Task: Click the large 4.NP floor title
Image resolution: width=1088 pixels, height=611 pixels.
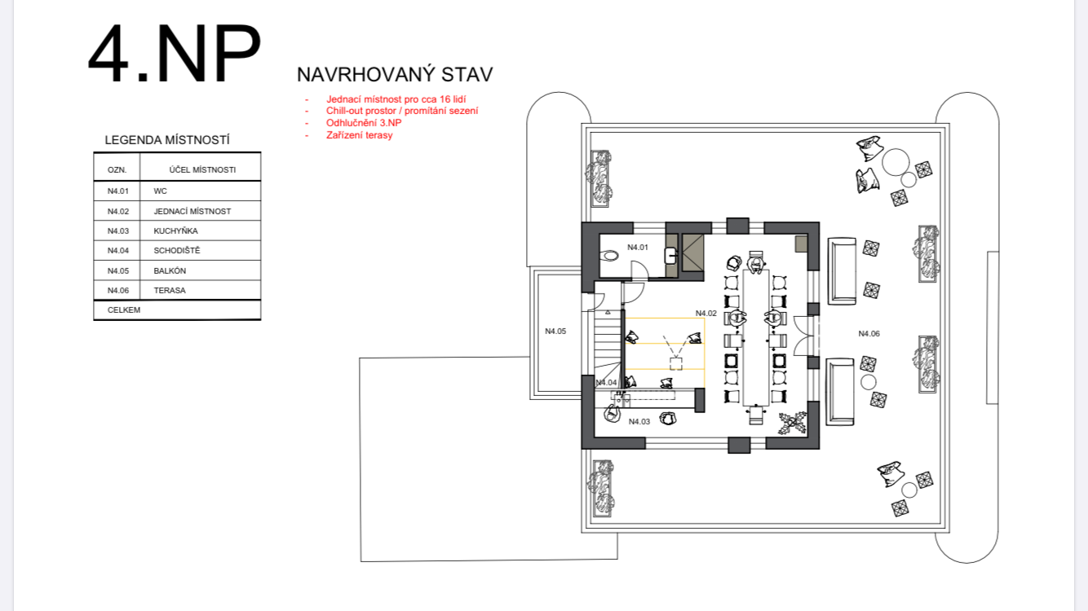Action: click(x=175, y=55)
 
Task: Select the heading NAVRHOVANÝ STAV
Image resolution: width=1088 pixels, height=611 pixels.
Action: click(x=395, y=75)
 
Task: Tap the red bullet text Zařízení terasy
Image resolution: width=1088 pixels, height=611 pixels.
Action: click(x=360, y=135)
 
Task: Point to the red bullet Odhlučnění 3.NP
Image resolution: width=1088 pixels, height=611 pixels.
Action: click(x=364, y=123)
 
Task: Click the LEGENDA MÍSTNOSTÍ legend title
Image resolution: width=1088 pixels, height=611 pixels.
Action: click(x=167, y=140)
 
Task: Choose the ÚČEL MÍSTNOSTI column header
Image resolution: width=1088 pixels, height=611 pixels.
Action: click(x=202, y=169)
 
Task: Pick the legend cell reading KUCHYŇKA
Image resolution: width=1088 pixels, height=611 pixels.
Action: click(x=176, y=231)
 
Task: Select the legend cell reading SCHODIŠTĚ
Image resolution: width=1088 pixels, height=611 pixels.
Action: click(x=177, y=250)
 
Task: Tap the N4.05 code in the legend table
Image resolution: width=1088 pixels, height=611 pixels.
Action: click(x=118, y=270)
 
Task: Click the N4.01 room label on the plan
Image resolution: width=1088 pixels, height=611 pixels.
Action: click(x=638, y=248)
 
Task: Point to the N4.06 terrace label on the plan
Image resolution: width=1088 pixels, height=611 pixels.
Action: click(x=869, y=334)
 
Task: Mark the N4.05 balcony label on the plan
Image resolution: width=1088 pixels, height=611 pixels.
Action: click(x=555, y=332)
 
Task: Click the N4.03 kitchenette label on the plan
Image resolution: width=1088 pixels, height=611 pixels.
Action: click(x=639, y=422)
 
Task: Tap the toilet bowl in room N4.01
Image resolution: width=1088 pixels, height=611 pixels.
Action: click(x=609, y=255)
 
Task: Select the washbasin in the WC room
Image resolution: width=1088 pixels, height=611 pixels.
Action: click(x=670, y=256)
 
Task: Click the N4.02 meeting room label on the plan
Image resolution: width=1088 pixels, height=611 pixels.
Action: click(x=705, y=314)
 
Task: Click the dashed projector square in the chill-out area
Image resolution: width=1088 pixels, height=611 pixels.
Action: click(x=675, y=364)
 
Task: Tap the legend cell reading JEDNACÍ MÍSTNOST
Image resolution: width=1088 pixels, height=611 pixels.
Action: click(x=192, y=212)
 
